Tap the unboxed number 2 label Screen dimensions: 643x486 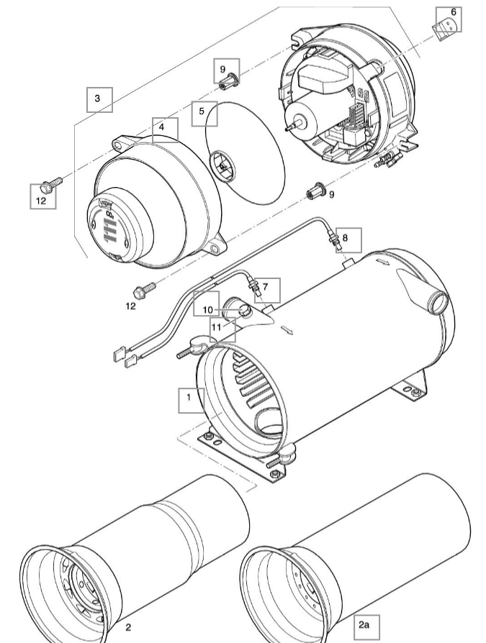(x=128, y=628)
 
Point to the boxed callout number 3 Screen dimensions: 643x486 (x=99, y=99)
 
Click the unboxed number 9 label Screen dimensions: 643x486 (x=332, y=194)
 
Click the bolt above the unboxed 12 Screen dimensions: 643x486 (x=141, y=289)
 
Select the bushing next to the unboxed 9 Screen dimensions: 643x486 (x=315, y=192)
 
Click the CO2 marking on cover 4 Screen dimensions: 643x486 (x=109, y=214)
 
